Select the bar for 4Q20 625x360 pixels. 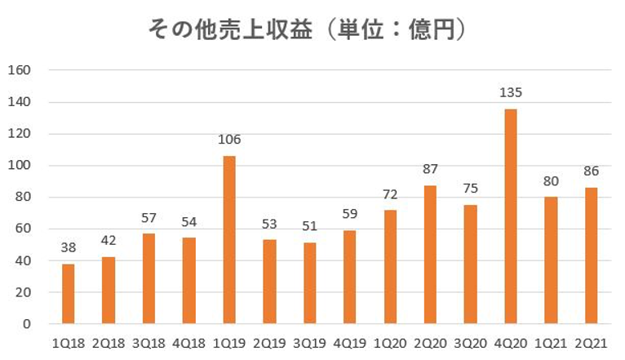[511, 216]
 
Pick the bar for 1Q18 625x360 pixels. [68, 294]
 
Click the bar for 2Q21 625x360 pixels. [591, 256]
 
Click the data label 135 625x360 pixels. [511, 93]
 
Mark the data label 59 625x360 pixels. [349, 216]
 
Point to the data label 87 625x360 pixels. [430, 170]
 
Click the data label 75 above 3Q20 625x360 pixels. [470, 189]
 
